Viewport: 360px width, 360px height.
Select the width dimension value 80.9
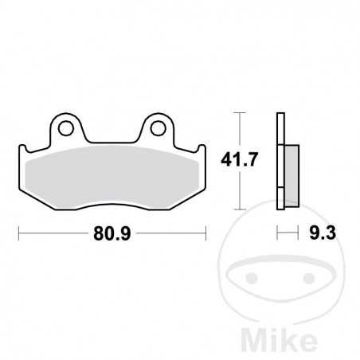tap(112, 234)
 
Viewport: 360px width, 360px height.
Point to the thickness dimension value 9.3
tap(317, 234)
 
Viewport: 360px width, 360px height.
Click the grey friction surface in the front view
tap(112, 170)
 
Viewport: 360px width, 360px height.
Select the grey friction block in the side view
tap(291, 169)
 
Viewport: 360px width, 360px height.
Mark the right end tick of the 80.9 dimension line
tap(207, 234)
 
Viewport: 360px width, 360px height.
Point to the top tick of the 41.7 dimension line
tap(237, 114)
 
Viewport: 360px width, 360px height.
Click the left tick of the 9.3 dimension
tap(277, 234)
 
